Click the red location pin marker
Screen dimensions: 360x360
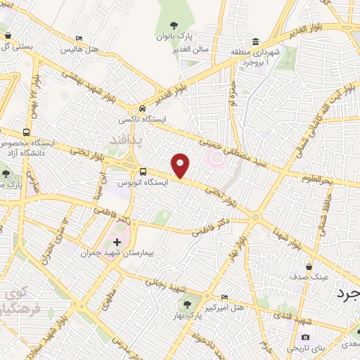[x=181, y=166]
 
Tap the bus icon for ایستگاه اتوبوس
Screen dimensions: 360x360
[x=143, y=171]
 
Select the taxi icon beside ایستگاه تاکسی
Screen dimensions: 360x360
[x=143, y=109]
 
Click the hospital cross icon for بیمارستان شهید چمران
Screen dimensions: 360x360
[x=117, y=243]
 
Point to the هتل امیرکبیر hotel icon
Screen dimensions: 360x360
[x=224, y=297]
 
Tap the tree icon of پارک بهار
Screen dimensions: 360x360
[x=187, y=304]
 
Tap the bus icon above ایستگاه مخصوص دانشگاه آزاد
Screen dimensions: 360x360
[x=27, y=132]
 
